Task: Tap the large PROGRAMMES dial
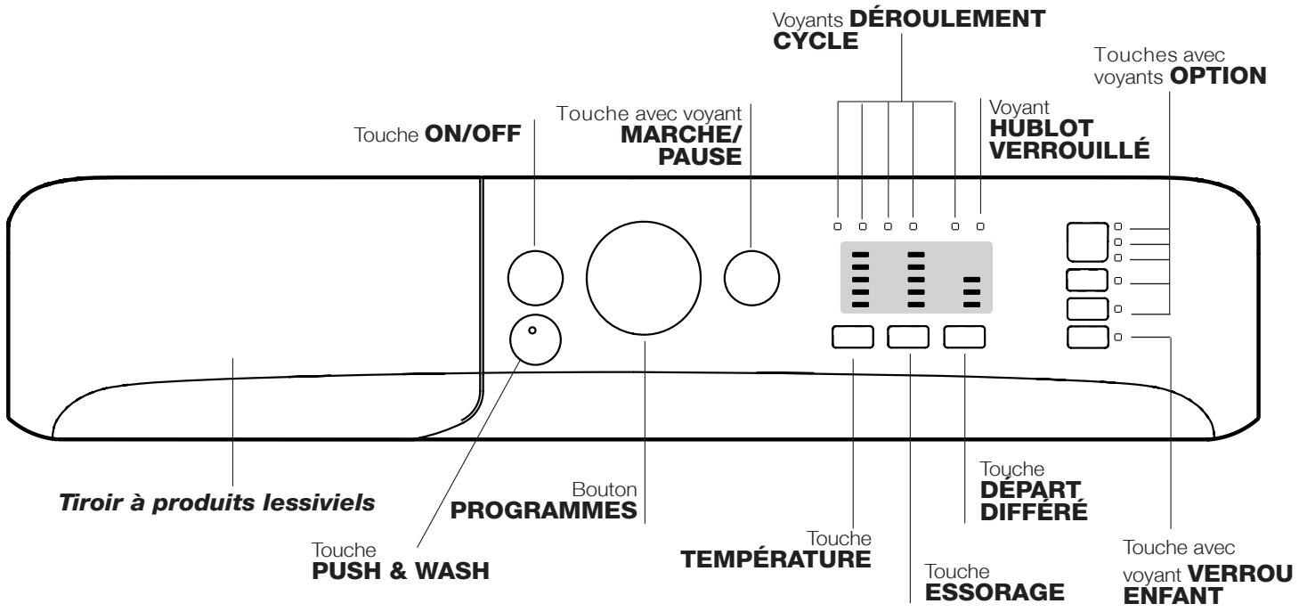coord(643,276)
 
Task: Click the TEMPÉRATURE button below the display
coord(853,337)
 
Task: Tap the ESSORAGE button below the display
coord(909,337)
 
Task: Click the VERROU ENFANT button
coord(1087,338)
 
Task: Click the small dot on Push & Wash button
coord(532,330)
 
